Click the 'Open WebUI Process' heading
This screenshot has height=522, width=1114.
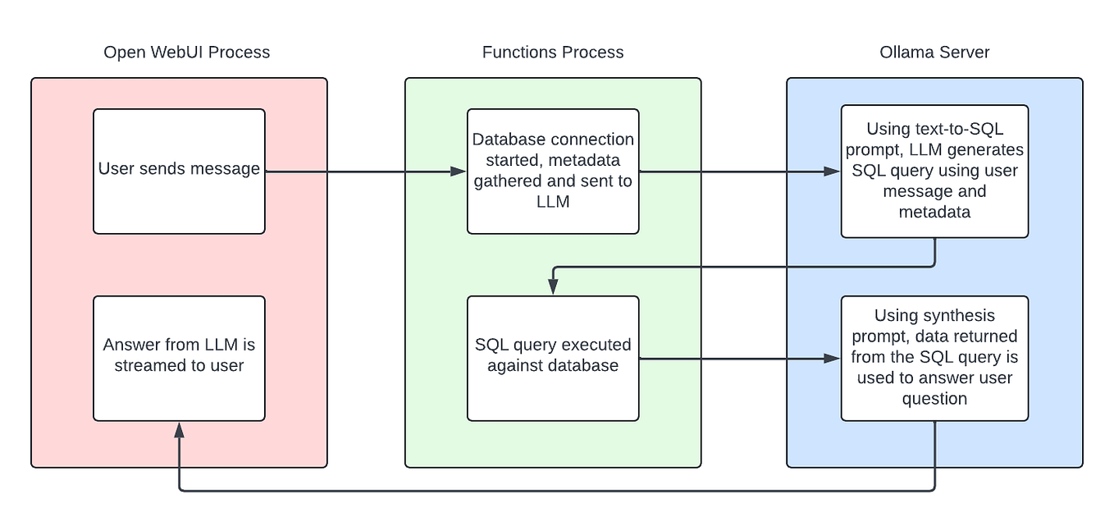(186, 53)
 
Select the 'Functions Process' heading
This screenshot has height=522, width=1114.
(553, 53)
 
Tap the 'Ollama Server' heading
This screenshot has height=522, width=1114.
(934, 53)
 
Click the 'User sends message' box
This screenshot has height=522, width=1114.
(179, 172)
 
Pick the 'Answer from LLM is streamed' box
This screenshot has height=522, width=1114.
(179, 359)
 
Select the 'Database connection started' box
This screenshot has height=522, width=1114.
(553, 172)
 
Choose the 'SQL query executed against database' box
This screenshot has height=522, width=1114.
(553, 359)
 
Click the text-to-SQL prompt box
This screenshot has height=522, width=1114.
(934, 172)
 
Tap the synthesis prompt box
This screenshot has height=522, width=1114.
(934, 359)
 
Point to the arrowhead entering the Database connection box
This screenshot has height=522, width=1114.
(459, 172)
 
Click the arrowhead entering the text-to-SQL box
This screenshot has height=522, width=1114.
(833, 172)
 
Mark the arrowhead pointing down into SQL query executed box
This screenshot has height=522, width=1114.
(553, 287)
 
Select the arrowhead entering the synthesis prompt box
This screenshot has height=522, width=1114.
(833, 359)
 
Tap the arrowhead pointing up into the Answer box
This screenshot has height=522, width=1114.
(179, 430)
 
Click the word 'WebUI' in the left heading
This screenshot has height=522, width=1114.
(176, 53)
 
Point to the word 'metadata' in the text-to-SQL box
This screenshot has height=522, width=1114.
(934, 212)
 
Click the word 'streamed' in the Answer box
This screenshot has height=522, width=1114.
(158, 366)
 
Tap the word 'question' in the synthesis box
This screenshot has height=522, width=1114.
(934, 399)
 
